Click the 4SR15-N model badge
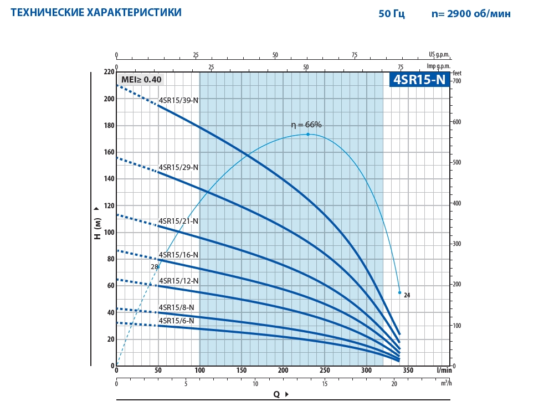(419, 80)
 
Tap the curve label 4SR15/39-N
(178, 100)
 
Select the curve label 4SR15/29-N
(178, 167)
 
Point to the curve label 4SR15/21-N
(178, 221)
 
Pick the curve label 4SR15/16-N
(178, 255)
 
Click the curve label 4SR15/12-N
(178, 281)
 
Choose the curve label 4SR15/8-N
(176, 307)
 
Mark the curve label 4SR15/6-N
(176, 321)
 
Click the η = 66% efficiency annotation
(306, 125)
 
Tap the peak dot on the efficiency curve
(308, 134)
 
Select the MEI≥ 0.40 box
(141, 79)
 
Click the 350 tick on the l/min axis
(408, 370)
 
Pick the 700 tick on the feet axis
(457, 81)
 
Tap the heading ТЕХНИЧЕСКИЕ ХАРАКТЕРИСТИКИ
(96, 12)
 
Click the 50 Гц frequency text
(392, 14)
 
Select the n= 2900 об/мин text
(471, 14)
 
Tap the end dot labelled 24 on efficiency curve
(399, 292)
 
